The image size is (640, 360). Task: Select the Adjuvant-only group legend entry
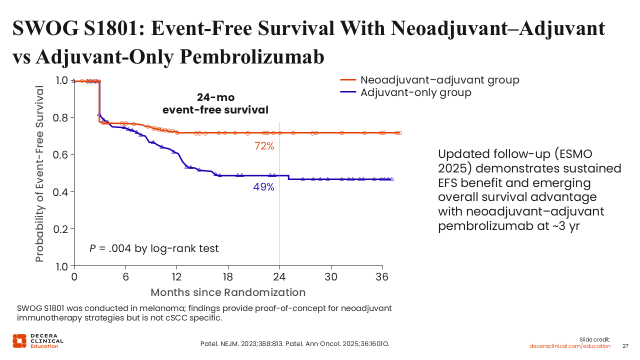tap(415, 92)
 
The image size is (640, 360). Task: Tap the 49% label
tap(264, 187)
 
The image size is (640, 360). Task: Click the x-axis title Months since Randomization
tap(228, 292)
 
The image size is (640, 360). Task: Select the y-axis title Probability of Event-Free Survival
tap(40, 173)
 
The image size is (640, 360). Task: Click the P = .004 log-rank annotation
tap(154, 248)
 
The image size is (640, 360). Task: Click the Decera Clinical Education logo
tap(38, 340)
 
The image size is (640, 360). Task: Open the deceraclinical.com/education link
tap(570, 346)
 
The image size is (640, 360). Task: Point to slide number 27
tap(625, 346)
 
